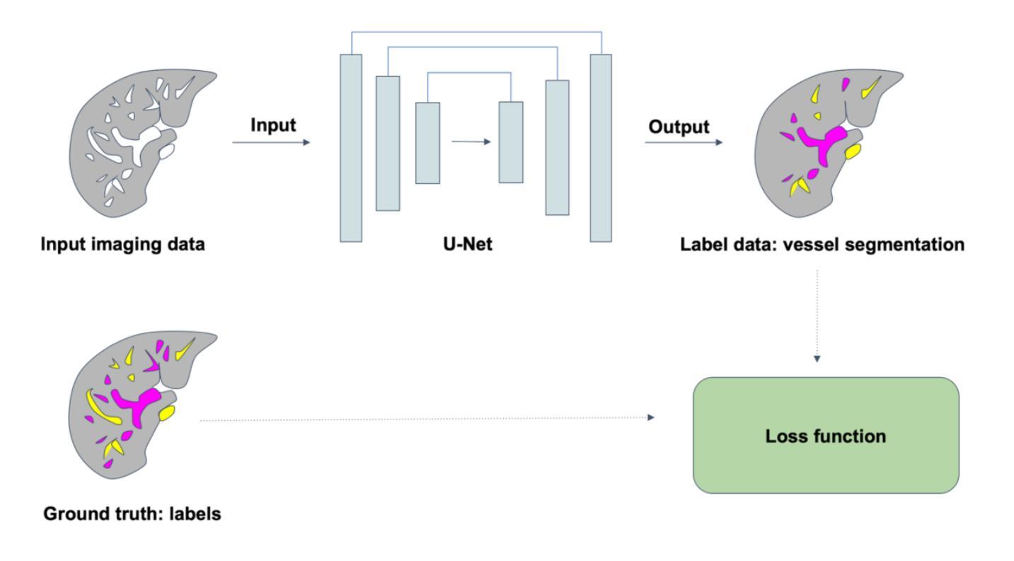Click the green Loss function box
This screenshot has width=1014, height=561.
825,435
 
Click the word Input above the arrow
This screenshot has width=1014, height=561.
272,125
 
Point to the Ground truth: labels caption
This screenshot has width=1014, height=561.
132,514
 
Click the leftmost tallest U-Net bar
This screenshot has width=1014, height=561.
350,148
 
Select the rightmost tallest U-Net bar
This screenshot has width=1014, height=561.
601,148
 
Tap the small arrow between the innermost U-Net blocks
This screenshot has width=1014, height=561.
471,141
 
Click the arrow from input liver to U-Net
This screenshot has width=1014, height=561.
271,142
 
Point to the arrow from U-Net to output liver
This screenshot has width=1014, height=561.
684,142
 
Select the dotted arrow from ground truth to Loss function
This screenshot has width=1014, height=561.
425,419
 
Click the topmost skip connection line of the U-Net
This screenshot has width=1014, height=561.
476,32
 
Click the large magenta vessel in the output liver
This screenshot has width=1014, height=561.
820,141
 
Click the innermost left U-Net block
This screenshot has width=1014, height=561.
427,143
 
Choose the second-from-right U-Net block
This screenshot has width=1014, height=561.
556,147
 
